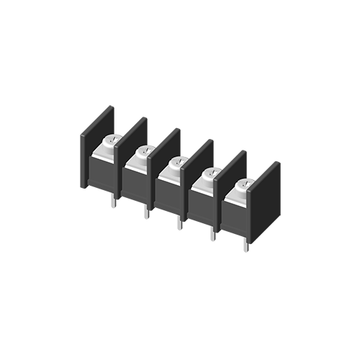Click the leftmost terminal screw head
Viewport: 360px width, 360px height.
pyautogui.click(x=113, y=141)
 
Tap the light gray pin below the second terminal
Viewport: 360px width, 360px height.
pyautogui.click(x=139, y=230)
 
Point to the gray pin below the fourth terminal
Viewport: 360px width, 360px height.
pyautogui.click(x=204, y=241)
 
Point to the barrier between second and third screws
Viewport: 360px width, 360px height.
pyautogui.click(x=153, y=187)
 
